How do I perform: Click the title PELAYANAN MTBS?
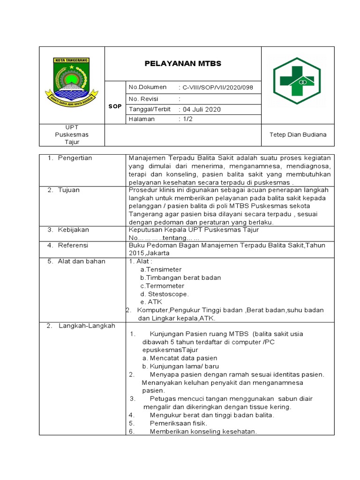[182, 63]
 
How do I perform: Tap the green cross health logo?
[297, 81]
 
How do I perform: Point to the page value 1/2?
[188, 119]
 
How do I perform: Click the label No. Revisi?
[143, 99]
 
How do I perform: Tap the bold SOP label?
[115, 106]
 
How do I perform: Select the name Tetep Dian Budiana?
[298, 135]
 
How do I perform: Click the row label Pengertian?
[75, 158]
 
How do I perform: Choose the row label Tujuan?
[68, 190]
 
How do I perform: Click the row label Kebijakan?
[73, 230]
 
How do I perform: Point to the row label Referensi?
[73, 245]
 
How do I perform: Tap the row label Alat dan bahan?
[82, 261]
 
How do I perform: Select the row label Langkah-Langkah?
[87, 326]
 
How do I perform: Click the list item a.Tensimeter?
[161, 270]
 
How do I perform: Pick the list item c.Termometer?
[162, 285]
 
